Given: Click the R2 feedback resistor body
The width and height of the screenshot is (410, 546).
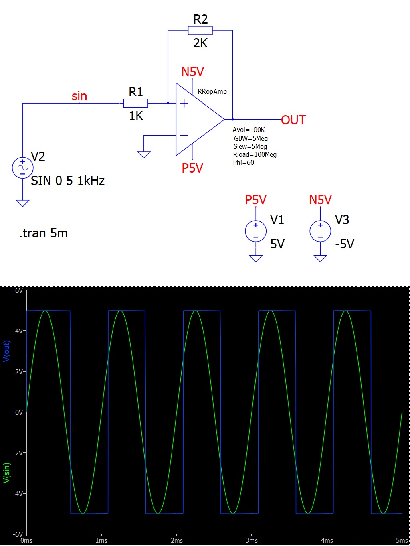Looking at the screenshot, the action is [x=200, y=30].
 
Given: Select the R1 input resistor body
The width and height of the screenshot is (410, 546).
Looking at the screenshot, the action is [x=136, y=103].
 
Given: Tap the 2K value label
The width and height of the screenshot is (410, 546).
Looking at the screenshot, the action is [x=200, y=43].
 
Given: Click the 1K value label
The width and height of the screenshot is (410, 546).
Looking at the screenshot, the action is [x=136, y=116].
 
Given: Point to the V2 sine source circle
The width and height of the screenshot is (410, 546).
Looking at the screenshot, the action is [x=22, y=168].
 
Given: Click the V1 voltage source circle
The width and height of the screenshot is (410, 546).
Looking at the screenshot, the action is [x=256, y=231].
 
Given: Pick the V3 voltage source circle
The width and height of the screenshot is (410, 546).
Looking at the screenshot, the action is [x=320, y=231].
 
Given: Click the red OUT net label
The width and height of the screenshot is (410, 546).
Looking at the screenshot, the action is [x=293, y=120].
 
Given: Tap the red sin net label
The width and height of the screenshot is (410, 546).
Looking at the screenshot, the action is [x=79, y=96].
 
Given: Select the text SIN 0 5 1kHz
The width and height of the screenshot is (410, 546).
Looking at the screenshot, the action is [x=68, y=181].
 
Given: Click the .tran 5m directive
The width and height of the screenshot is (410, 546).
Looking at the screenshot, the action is [x=43, y=233].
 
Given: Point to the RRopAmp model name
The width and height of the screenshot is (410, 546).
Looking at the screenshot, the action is [x=212, y=91].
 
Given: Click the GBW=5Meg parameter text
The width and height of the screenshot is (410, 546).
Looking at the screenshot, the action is [x=251, y=138].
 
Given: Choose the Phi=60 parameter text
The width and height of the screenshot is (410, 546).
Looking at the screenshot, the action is [x=244, y=163].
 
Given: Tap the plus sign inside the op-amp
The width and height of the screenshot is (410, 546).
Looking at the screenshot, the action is [x=184, y=103].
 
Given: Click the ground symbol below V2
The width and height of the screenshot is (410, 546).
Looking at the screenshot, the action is [x=22, y=203].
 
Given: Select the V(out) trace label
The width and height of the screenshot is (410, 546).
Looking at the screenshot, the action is [x=6, y=351].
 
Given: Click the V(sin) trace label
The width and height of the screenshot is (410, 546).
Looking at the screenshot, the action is [x=6, y=473].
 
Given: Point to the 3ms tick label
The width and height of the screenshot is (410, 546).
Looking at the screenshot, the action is [x=252, y=540].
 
